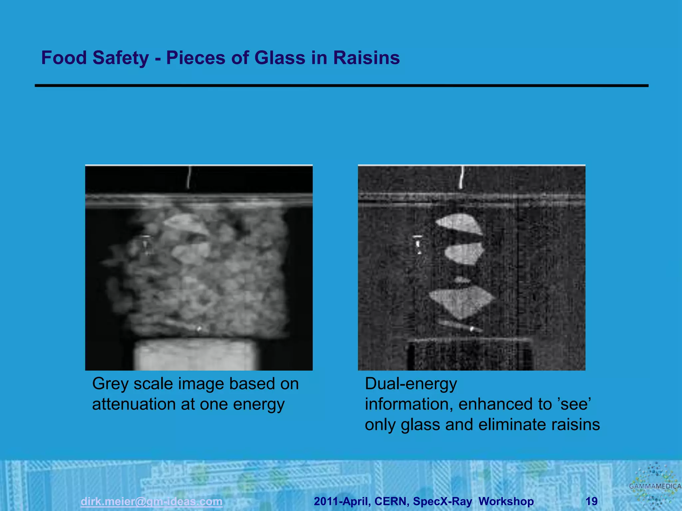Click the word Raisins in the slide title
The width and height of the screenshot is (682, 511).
pos(366,58)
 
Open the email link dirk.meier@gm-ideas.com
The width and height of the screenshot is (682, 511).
pos(152,501)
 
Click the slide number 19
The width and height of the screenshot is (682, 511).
pos(591,501)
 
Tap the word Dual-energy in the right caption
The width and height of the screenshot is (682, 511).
pos(411,384)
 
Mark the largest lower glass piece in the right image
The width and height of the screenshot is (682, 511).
pos(461,301)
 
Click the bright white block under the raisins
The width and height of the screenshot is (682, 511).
pos(196,355)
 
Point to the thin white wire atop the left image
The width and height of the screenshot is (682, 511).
pos(189,177)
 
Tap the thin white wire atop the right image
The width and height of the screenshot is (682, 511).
pos(462,177)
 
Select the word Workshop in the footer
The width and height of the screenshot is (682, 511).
pos(506,501)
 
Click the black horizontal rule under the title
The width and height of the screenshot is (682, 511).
pos(342,86)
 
